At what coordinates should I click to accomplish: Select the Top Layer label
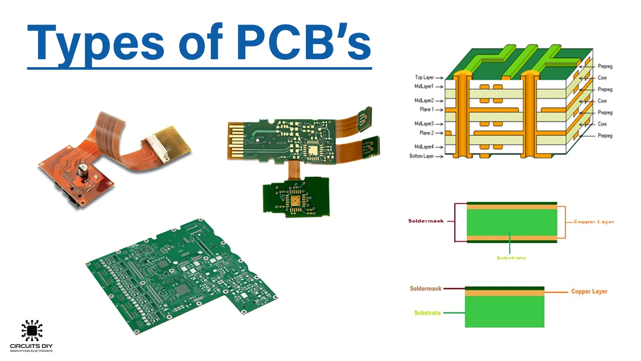click(424, 78)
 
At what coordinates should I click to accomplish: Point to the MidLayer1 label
click(424, 87)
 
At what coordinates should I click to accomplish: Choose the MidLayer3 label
click(424, 124)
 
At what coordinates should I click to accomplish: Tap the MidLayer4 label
click(424, 147)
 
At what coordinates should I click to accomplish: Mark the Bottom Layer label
click(422, 156)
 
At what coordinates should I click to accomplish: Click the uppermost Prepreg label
click(605, 67)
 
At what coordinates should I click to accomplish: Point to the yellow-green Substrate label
click(511, 258)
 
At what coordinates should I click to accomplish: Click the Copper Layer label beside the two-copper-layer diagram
click(594, 222)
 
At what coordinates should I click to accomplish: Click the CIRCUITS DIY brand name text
click(32, 346)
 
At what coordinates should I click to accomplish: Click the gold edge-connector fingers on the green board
click(235, 140)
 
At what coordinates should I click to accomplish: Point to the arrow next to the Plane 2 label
click(440, 133)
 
